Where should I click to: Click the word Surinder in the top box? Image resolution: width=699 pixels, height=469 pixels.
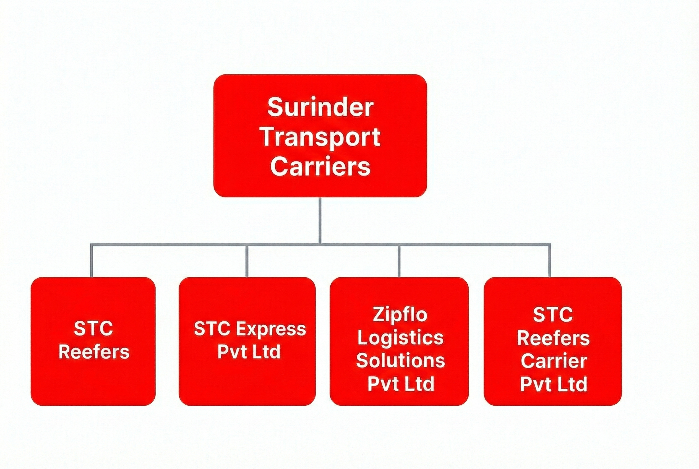(320, 107)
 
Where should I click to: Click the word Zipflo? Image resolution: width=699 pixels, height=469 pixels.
(400, 315)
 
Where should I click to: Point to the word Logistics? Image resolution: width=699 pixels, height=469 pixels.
(400, 338)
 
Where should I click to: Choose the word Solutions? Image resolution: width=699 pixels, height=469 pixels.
(400, 360)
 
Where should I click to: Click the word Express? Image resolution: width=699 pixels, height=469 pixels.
(271, 329)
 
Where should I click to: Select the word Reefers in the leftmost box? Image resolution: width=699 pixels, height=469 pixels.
(94, 352)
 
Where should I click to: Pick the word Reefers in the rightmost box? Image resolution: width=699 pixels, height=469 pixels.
(553, 338)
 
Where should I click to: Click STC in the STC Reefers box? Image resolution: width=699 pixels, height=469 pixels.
(93, 329)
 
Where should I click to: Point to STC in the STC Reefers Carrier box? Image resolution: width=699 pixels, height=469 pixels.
(553, 315)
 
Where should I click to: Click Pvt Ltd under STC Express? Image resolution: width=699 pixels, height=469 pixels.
(249, 352)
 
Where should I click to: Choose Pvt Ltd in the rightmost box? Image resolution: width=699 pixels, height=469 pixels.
(554, 384)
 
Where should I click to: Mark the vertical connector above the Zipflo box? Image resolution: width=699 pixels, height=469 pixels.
(399, 261)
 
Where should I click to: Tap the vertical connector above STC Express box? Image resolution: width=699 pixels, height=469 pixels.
(247, 261)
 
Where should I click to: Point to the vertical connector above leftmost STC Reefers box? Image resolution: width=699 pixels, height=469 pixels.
(92, 261)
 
